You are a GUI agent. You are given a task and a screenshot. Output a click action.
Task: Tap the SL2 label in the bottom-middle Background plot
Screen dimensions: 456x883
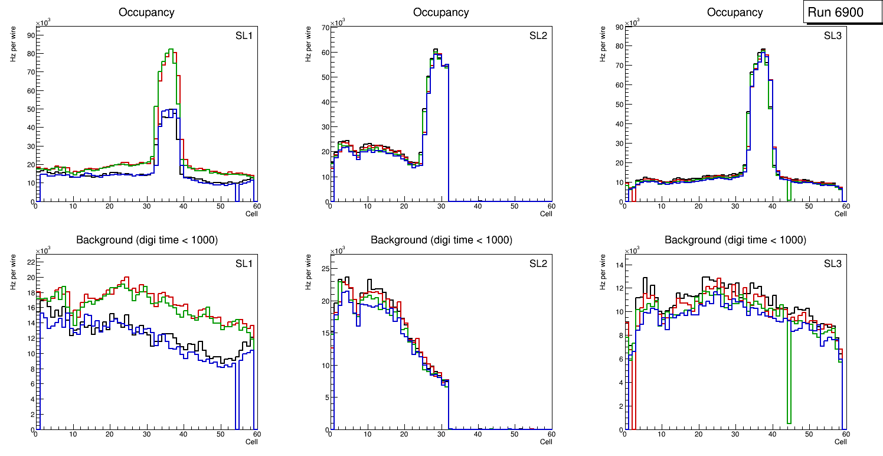pyautogui.click(x=538, y=263)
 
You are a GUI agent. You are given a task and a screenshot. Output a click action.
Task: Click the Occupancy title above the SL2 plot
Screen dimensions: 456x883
pyautogui.click(x=441, y=12)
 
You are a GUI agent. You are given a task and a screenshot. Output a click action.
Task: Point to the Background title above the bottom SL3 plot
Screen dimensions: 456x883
pyautogui.click(x=735, y=240)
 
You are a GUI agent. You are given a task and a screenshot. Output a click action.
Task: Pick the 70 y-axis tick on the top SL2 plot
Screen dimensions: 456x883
pyautogui.click(x=325, y=28)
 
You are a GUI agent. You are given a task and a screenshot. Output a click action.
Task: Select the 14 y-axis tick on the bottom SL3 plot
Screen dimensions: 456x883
pyautogui.click(x=619, y=265)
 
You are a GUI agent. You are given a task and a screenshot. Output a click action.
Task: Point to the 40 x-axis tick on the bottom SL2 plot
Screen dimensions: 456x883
pyautogui.click(x=478, y=435)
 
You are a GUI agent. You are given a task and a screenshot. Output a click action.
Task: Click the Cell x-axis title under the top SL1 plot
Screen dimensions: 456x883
pyautogui.click(x=251, y=213)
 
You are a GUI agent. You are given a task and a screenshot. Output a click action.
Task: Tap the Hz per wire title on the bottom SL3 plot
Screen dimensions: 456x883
pyautogui.click(x=603, y=272)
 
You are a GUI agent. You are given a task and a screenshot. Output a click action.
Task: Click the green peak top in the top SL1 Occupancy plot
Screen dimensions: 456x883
pyautogui.click(x=171, y=49)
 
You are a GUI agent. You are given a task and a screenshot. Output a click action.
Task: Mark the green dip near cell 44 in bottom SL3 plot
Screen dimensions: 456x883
pyautogui.click(x=789, y=422)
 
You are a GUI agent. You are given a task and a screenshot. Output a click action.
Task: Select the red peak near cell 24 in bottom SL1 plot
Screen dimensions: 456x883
pyautogui.click(x=126, y=277)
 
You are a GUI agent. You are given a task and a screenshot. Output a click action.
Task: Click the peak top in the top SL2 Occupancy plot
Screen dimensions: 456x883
pyautogui.click(x=435, y=49)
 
